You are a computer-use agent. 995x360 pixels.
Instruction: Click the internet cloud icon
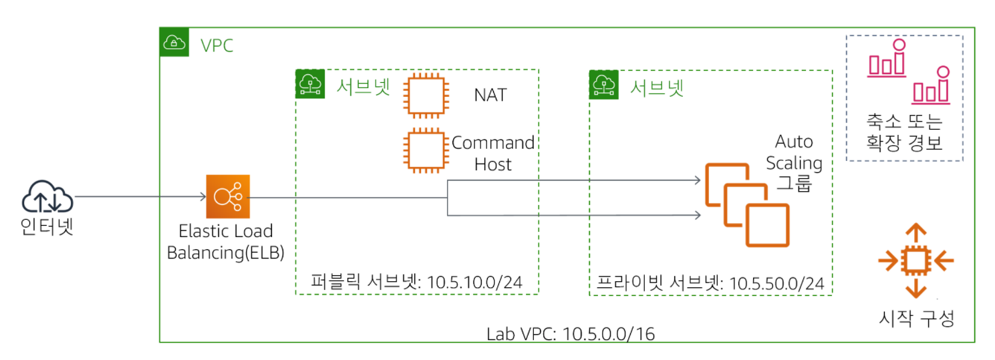47,196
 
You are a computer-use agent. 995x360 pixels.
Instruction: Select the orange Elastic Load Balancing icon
227,197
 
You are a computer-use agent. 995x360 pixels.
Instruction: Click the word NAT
490,95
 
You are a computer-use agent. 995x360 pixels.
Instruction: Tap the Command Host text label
493,153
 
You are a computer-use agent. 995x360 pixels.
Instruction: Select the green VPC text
217,46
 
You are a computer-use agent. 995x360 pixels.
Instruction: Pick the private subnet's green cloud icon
603,84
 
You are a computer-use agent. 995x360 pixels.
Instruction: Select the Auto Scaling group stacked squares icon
746,203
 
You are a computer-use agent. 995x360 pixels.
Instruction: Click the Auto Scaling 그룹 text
794,163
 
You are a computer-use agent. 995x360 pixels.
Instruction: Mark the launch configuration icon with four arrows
916,260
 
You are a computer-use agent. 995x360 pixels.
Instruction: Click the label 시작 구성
916,319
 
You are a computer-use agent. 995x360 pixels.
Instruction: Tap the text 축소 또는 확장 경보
904,132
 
